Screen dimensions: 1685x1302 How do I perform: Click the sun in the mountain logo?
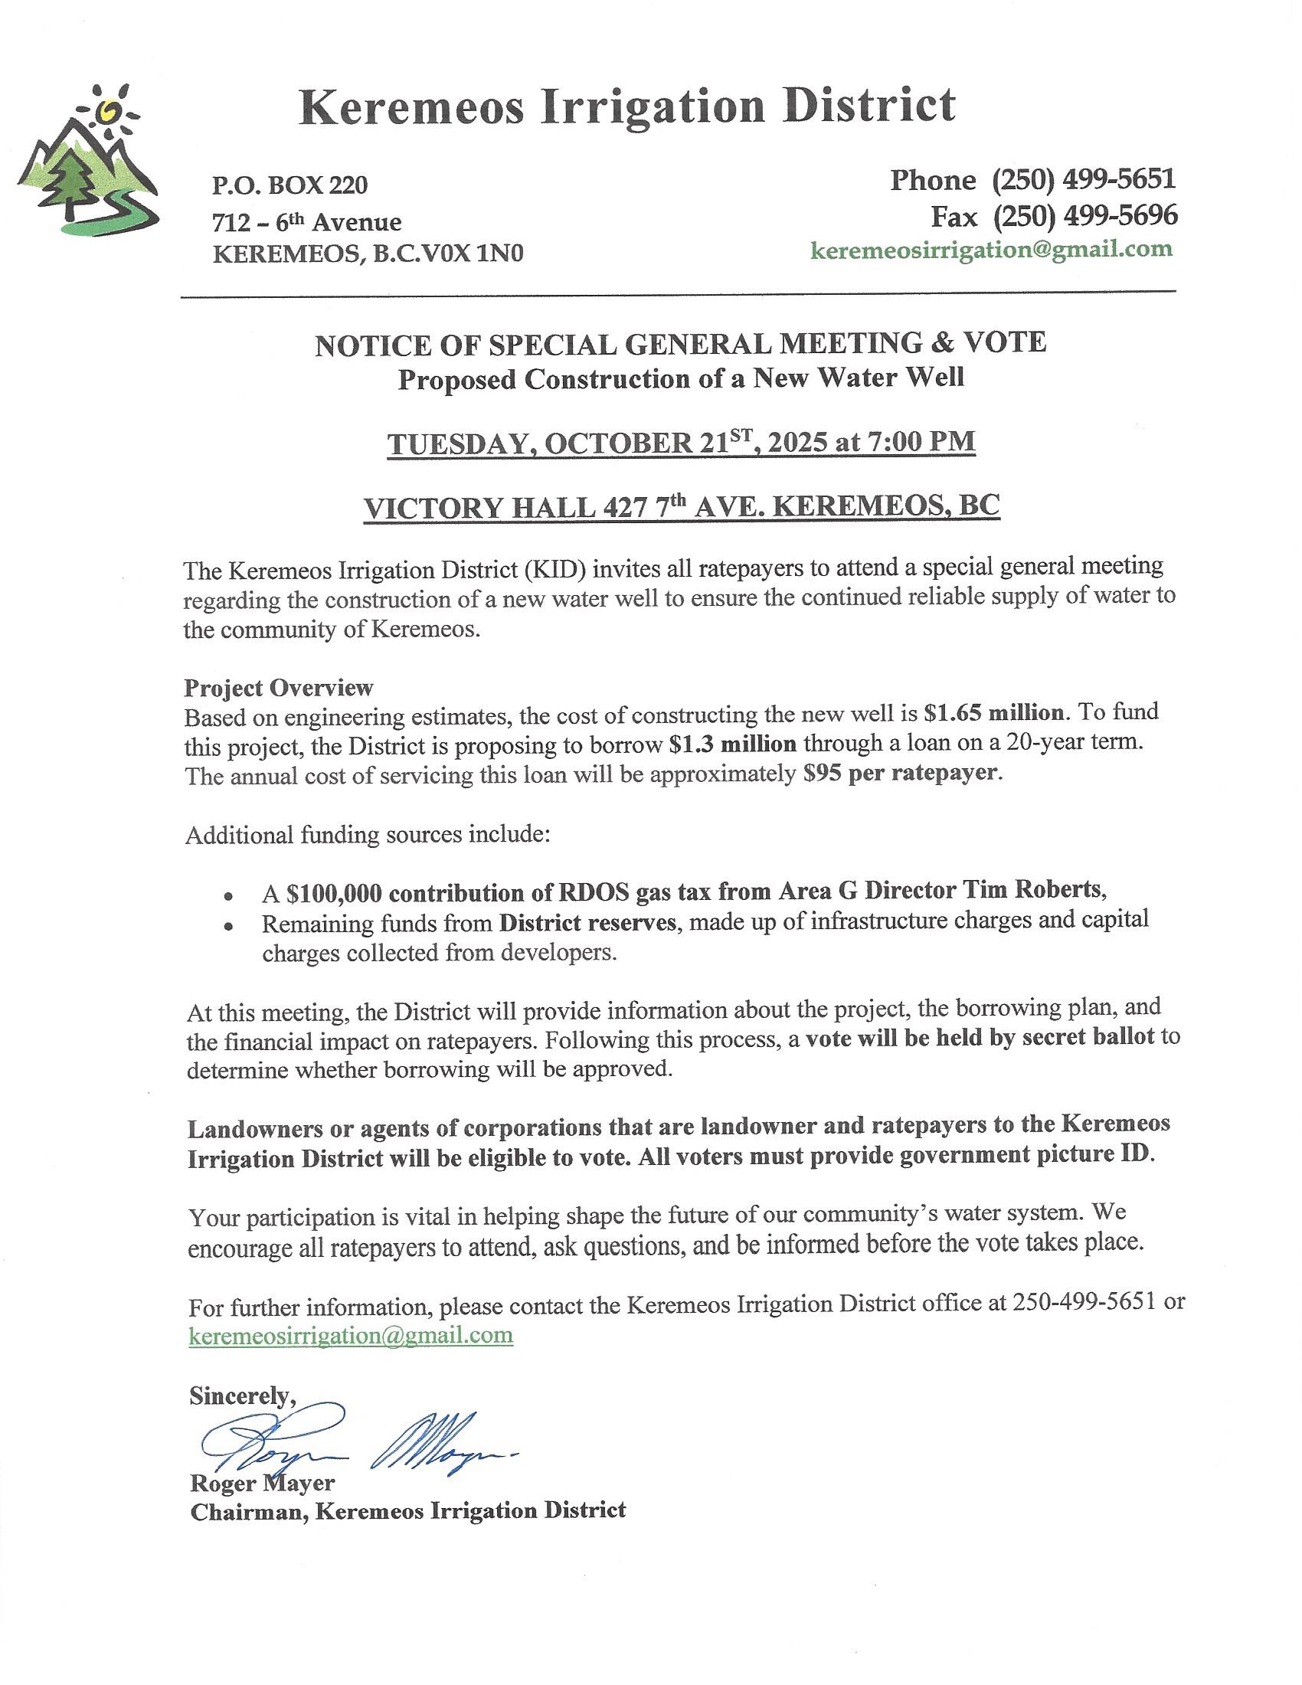tap(109, 113)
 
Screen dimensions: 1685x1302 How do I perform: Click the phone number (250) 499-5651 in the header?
tap(1083, 180)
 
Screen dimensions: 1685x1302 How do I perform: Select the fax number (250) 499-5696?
tap(1084, 216)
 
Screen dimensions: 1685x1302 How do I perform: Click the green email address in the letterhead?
tap(991, 249)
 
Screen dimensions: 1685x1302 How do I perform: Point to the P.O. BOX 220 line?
tap(290, 185)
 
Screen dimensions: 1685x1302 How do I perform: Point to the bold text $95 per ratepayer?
tap(900, 773)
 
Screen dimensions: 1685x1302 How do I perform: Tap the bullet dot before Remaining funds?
tap(228, 927)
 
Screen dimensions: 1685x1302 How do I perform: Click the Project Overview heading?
tap(279, 687)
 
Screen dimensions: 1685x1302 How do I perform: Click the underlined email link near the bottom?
tap(351, 1336)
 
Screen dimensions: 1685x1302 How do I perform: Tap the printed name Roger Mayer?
tap(262, 1483)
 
